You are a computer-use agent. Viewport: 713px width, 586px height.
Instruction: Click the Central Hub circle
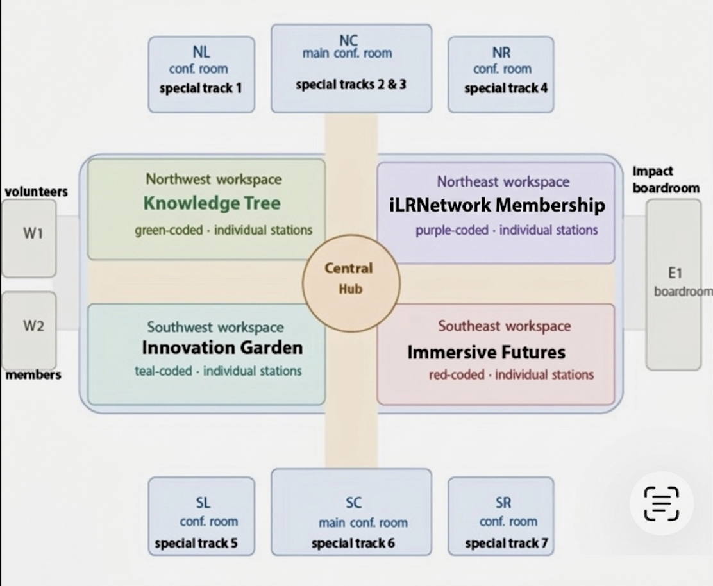(351, 283)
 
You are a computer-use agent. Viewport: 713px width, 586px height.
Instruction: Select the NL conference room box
(201, 74)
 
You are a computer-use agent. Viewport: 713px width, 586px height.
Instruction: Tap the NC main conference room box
(351, 68)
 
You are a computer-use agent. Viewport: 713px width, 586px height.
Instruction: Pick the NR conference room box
(501, 74)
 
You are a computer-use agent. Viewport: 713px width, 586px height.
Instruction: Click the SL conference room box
(201, 515)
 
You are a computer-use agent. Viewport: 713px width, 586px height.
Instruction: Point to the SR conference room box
(501, 515)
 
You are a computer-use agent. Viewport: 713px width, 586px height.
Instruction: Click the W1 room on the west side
(29, 238)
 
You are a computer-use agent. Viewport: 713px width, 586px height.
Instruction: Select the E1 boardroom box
(673, 284)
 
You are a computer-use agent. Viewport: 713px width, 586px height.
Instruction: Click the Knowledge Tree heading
(212, 204)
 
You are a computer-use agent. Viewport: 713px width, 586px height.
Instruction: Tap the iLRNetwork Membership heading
(496, 205)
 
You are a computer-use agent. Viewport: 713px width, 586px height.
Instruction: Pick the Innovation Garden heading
(222, 348)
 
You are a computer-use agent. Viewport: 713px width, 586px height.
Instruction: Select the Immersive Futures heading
(486, 352)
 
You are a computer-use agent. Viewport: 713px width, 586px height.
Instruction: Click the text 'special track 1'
(200, 88)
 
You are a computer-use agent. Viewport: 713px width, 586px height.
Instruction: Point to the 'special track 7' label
(506, 544)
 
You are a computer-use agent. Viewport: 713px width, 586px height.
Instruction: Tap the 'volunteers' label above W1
(36, 192)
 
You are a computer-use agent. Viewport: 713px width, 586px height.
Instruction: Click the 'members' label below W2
(33, 375)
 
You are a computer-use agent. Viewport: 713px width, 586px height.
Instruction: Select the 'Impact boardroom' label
(665, 180)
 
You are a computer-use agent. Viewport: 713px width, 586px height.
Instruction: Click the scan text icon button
(661, 503)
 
